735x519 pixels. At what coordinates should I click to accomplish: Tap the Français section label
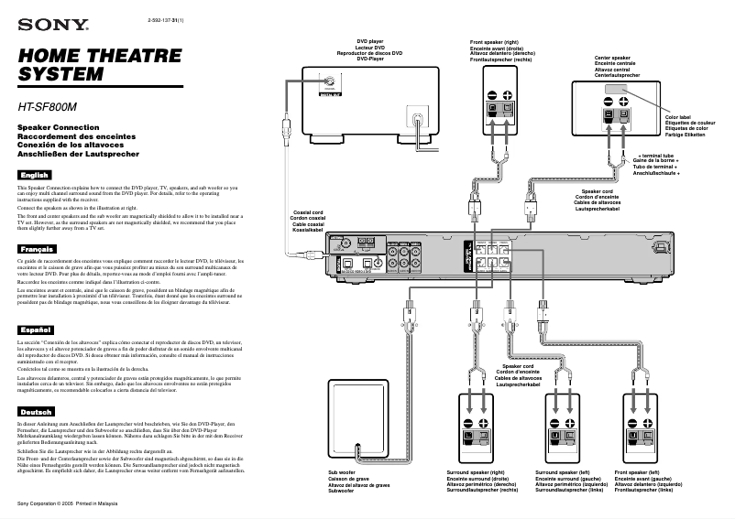(37, 249)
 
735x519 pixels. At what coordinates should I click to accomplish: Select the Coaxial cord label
(305, 220)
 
